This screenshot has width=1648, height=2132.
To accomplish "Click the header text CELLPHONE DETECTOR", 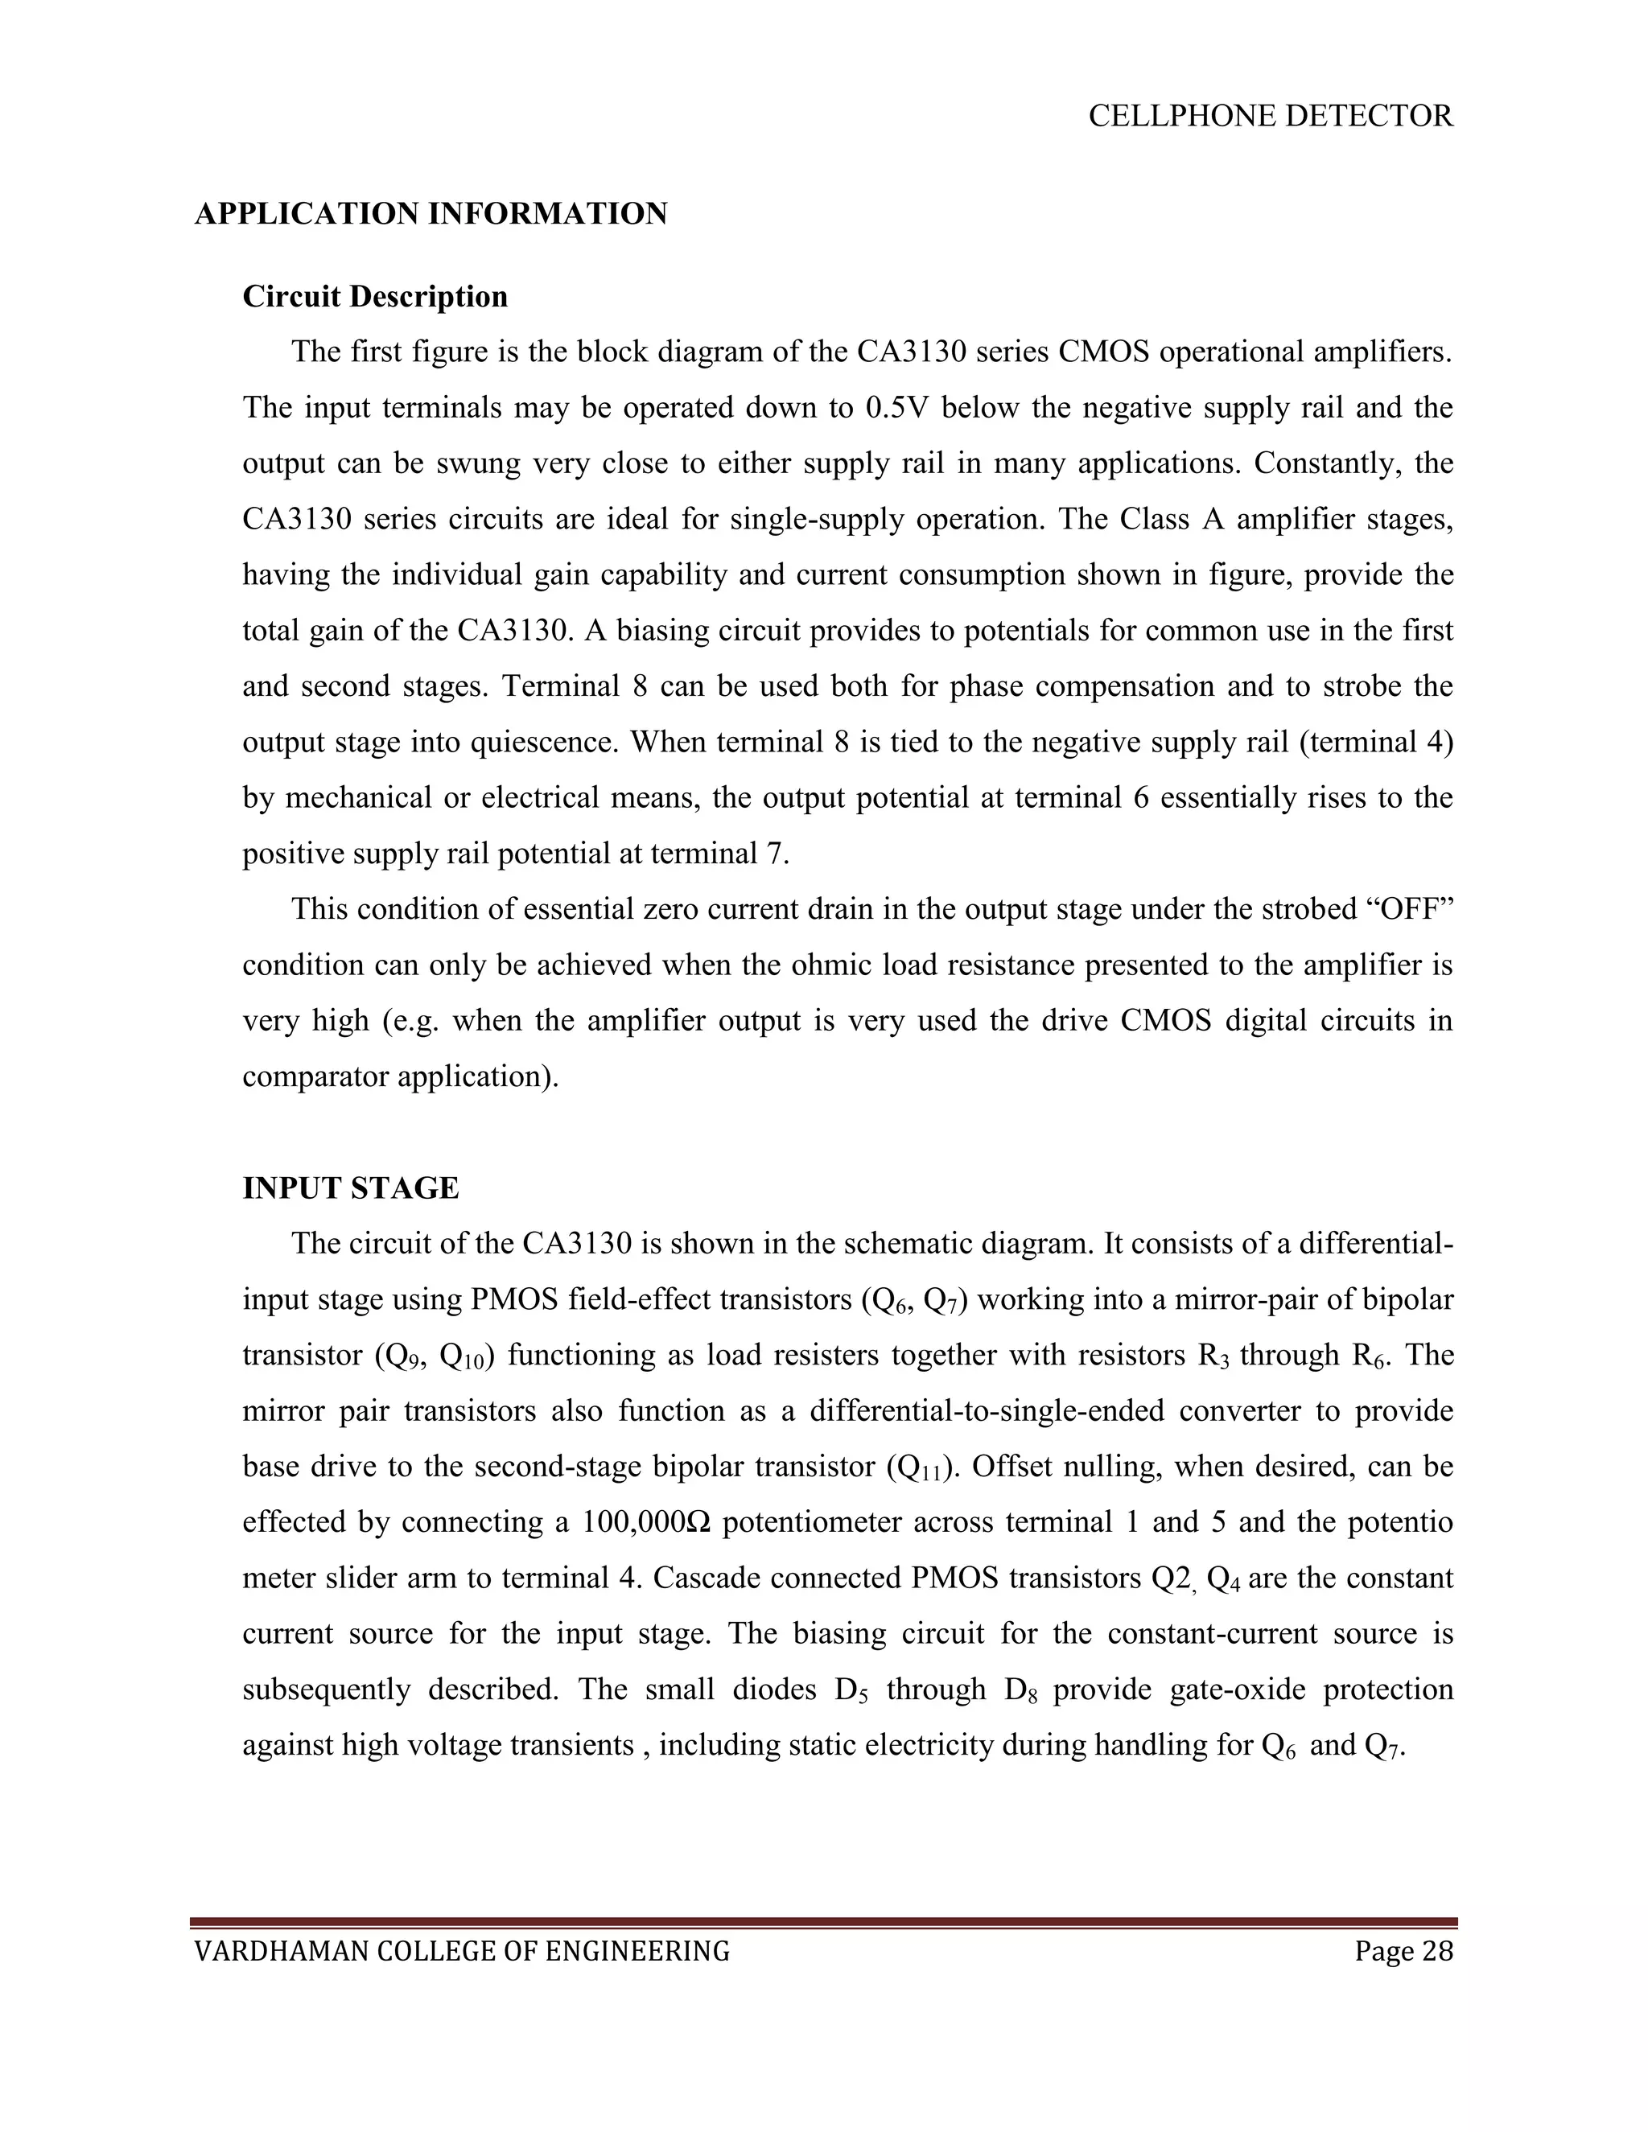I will [x=1270, y=116].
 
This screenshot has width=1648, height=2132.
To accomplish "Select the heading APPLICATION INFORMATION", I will [x=431, y=214].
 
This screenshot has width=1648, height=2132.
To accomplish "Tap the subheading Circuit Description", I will [x=375, y=297].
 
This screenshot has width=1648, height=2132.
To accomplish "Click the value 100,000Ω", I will [x=645, y=1523].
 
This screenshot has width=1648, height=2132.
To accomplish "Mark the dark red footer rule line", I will [x=823, y=1923].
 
